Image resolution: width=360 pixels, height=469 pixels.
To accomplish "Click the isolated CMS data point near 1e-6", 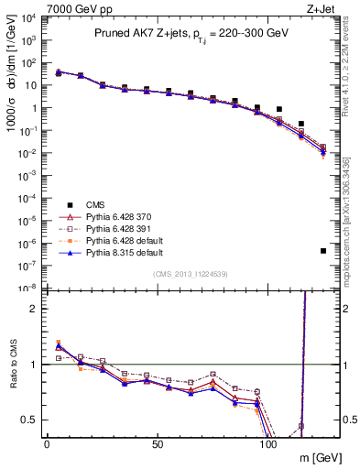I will (323, 251).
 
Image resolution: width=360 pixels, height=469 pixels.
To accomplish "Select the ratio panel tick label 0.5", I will (29, 420).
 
